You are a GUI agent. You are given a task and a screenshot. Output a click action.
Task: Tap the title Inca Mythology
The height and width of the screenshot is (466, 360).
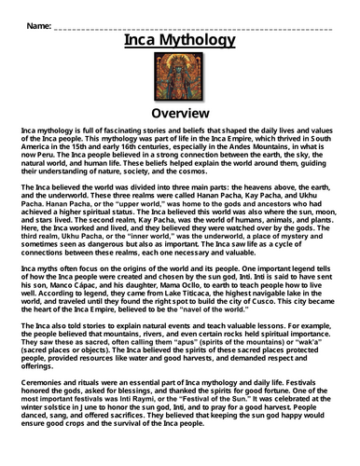(x=180, y=41)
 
